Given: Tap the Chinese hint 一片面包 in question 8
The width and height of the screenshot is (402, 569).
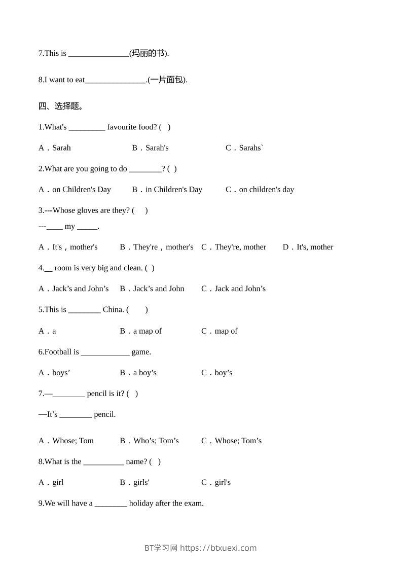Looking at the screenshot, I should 167,80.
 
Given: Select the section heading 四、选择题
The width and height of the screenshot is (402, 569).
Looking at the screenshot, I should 61,106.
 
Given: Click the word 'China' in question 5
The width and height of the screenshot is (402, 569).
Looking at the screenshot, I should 113,310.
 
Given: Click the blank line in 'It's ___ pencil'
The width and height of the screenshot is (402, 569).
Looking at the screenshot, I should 76,415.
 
